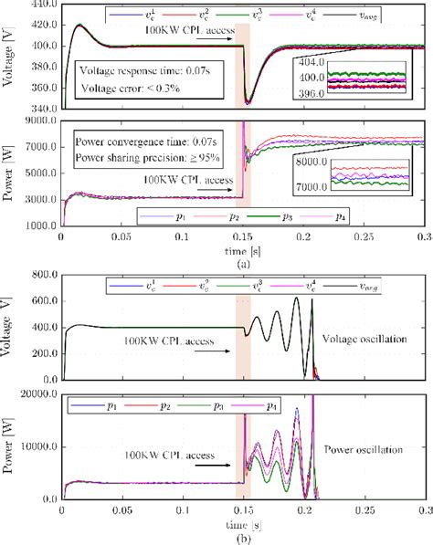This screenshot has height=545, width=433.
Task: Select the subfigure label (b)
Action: click(242, 539)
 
